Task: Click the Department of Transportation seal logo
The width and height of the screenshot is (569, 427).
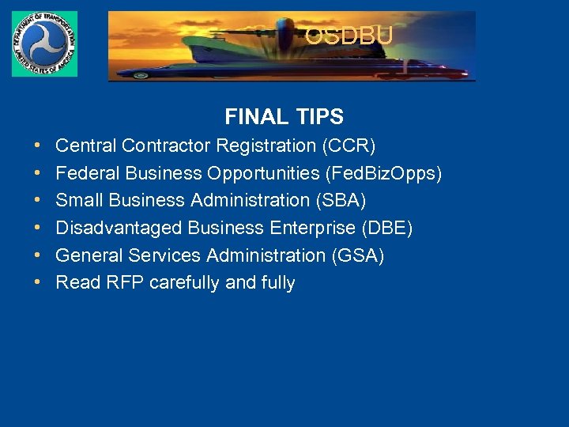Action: (44, 44)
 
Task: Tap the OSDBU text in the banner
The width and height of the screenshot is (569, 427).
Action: (349, 36)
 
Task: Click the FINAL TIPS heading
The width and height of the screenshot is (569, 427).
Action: (284, 117)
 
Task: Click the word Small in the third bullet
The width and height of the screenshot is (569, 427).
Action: (77, 201)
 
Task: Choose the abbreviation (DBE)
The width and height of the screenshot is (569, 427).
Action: (386, 229)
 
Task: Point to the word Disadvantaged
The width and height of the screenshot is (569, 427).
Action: (119, 229)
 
